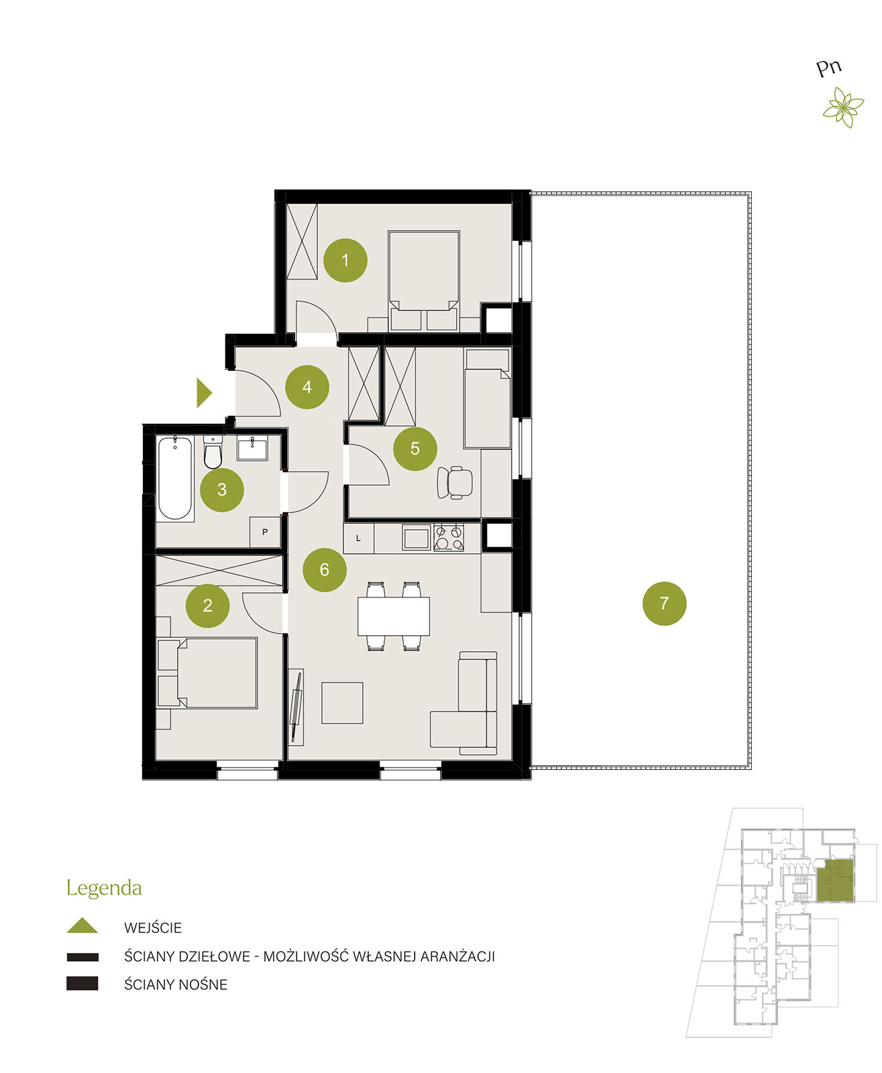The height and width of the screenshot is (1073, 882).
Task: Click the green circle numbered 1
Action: coord(345,260)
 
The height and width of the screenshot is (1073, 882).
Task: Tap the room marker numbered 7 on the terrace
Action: coord(664,604)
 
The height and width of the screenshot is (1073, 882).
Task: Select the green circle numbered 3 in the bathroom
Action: coord(222,490)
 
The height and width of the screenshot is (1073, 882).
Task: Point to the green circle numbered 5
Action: coord(415,449)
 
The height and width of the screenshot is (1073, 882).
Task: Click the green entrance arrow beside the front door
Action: coord(204,393)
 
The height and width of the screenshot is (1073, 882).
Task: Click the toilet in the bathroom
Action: coord(213,452)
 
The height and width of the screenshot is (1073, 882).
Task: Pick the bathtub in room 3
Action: coord(175,477)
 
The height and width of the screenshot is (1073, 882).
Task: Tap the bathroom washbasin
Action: coord(252,449)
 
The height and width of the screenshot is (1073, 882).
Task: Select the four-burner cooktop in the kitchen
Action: coord(449,538)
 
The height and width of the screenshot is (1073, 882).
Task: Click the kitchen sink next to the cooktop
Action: coord(417,538)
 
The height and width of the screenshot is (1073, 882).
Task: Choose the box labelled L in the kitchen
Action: coord(359,539)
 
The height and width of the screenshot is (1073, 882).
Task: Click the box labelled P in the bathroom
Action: coord(265,532)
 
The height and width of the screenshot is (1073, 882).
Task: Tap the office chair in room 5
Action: coord(455,482)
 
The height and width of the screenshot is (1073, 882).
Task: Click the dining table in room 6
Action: coord(394,616)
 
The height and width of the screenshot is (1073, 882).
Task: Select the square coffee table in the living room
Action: coord(342,703)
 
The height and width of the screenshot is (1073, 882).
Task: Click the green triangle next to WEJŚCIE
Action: coord(82,925)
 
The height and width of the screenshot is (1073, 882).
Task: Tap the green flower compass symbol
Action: coord(843,107)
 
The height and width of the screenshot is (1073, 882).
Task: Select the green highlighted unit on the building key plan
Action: coord(835,881)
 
